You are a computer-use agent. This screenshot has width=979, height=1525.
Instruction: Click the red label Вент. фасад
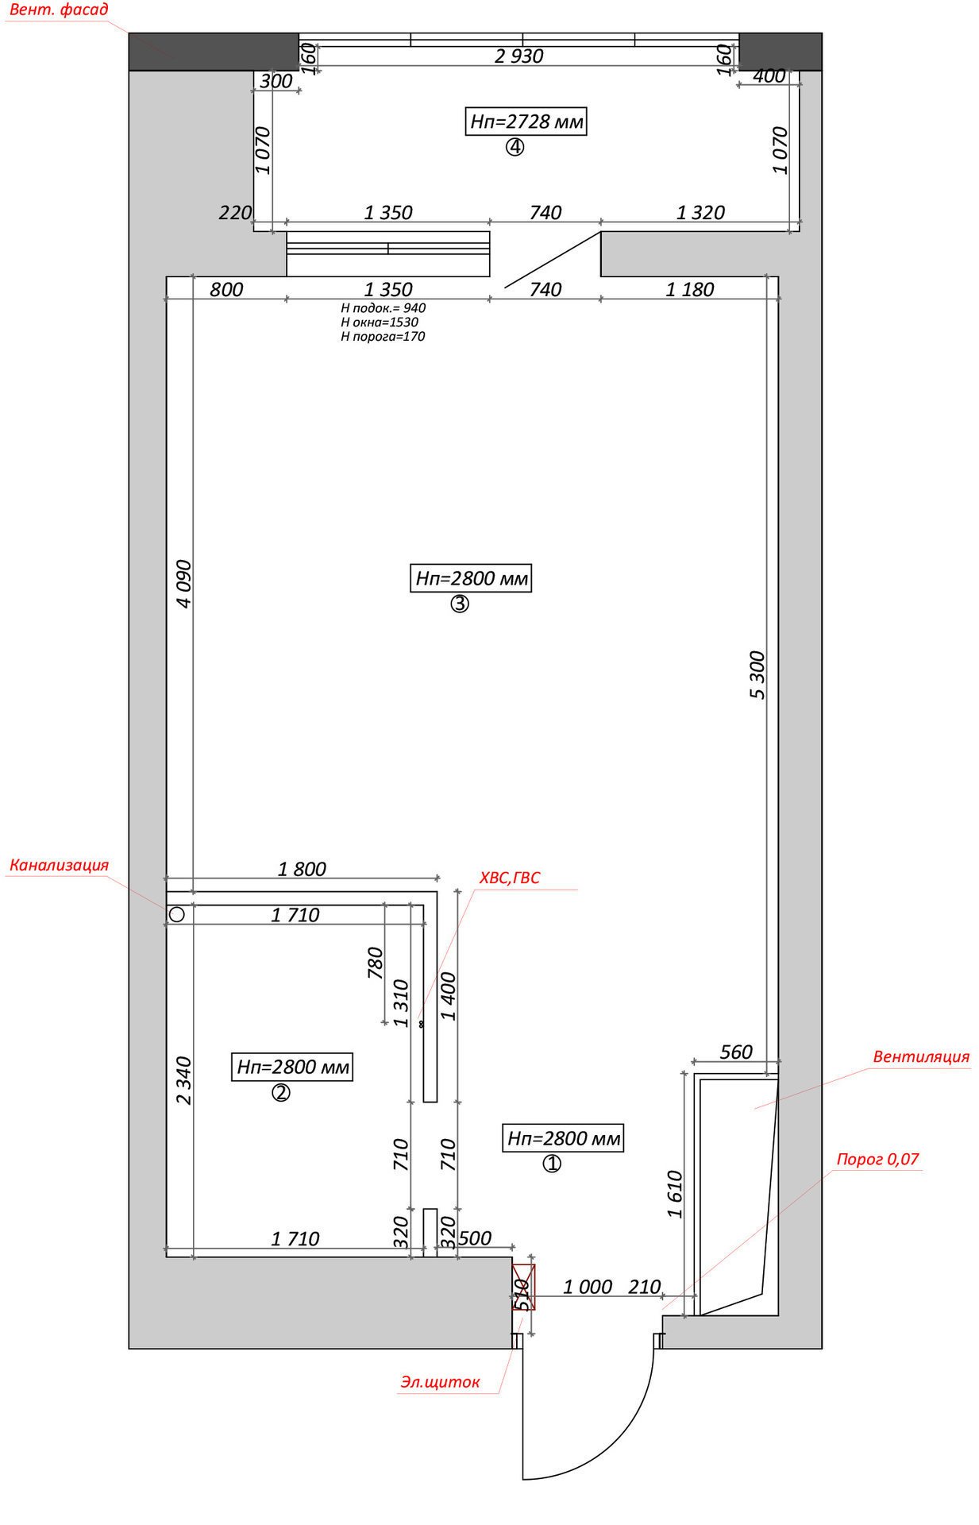(59, 11)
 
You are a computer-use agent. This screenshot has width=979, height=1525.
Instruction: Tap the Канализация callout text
(59, 865)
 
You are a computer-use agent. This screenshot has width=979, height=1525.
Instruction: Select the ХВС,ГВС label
(509, 878)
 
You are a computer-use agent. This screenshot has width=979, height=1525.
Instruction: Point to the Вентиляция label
(921, 1056)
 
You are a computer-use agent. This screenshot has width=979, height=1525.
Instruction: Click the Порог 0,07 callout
(877, 1159)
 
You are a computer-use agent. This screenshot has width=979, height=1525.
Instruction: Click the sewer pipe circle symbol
(176, 914)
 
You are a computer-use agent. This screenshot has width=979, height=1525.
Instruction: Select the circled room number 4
(515, 148)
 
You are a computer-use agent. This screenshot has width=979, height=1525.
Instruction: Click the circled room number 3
(460, 604)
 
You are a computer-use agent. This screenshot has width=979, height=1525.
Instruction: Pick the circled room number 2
(281, 1093)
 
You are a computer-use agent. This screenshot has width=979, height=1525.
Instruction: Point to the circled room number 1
(552, 1164)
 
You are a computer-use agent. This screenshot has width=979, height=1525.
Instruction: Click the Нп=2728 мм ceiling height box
(526, 122)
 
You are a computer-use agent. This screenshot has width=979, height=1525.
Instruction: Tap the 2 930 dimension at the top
(518, 56)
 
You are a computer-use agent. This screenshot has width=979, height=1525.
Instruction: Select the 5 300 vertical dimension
(757, 675)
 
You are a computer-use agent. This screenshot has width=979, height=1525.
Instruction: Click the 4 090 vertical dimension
(183, 584)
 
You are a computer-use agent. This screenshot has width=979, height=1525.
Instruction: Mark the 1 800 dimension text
(302, 869)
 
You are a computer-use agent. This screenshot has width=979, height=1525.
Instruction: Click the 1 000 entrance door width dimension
(588, 1287)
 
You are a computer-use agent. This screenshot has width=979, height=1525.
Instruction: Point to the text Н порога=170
(383, 336)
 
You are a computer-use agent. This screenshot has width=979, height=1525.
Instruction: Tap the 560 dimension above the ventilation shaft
(736, 1052)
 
